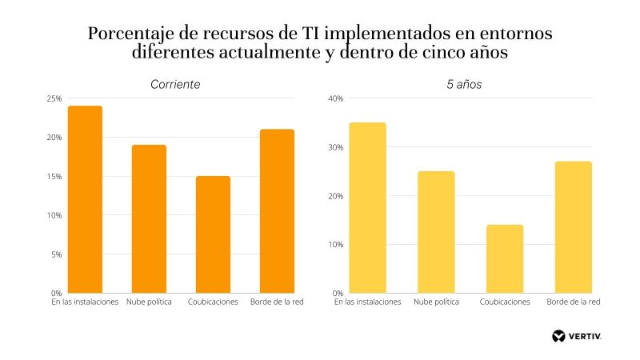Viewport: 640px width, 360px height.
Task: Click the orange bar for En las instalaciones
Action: [x=86, y=199]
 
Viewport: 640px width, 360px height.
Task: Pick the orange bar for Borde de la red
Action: [x=278, y=211]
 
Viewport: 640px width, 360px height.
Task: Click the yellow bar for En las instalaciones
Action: [x=369, y=207]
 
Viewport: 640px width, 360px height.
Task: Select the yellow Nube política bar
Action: [x=437, y=232]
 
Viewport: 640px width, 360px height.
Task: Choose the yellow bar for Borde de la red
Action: [x=573, y=227]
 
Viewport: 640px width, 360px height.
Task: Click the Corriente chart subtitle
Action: [x=175, y=84]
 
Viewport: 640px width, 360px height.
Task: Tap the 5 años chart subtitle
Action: [x=464, y=84]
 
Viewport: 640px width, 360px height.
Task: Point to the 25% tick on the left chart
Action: [x=54, y=98]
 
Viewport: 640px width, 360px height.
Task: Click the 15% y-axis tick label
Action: [x=54, y=176]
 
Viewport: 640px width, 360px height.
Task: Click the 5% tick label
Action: [x=57, y=254]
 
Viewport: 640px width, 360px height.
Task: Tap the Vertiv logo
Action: [x=577, y=335]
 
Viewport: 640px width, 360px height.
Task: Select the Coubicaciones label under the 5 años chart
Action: [x=505, y=302]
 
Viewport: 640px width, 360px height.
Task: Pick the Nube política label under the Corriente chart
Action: [x=150, y=302]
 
